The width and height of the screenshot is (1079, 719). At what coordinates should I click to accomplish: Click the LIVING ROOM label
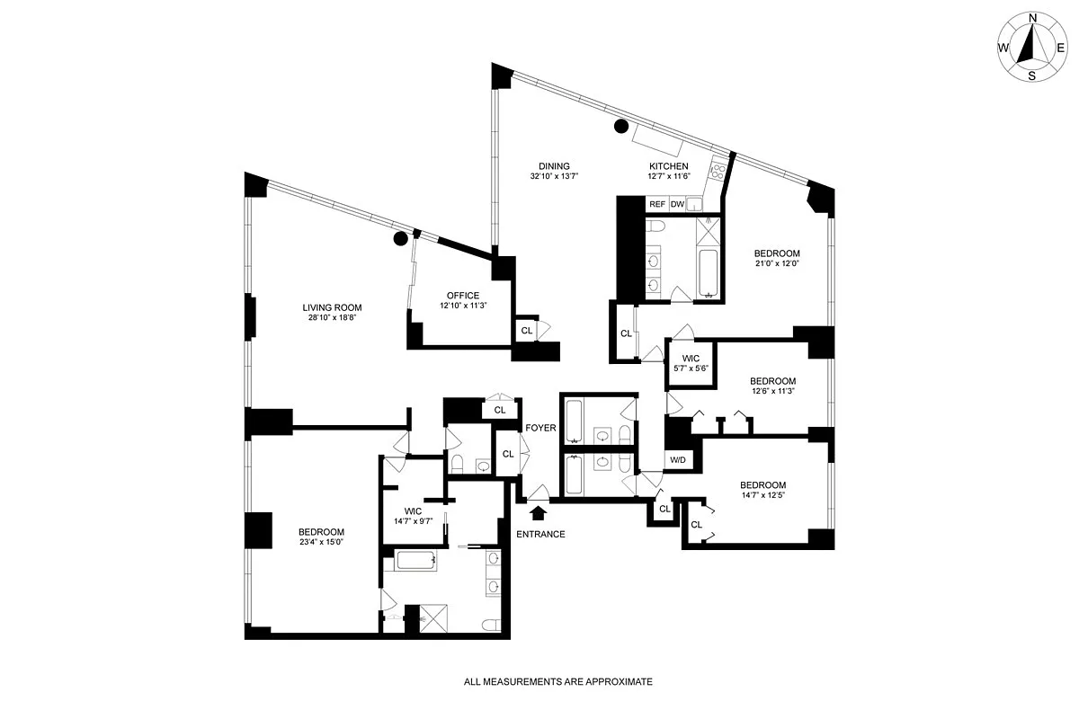pyautogui.click(x=332, y=307)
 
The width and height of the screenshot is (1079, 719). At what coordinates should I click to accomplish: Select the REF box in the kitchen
pyautogui.click(x=657, y=204)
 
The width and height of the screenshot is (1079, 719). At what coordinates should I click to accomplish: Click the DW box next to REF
pyautogui.click(x=677, y=204)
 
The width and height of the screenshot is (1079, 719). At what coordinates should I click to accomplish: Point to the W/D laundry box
pyautogui.click(x=676, y=460)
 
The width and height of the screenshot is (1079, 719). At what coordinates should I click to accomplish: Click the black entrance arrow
pyautogui.click(x=539, y=512)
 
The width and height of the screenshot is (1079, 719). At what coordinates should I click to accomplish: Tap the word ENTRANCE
pyautogui.click(x=540, y=534)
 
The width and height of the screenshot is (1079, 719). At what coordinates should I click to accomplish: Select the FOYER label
pyautogui.click(x=541, y=428)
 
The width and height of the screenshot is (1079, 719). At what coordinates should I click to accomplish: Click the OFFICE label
pyautogui.click(x=463, y=296)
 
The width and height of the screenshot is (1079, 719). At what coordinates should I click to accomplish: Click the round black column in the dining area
pyautogui.click(x=620, y=127)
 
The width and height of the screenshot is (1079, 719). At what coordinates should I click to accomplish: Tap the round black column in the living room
pyautogui.click(x=399, y=238)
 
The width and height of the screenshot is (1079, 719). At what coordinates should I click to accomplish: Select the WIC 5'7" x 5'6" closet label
pyautogui.click(x=691, y=364)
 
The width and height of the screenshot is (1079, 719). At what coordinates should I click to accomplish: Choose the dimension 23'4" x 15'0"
pyautogui.click(x=322, y=542)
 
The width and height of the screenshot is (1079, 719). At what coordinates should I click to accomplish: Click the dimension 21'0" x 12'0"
pyautogui.click(x=776, y=263)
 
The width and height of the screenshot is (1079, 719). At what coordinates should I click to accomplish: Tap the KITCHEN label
pyautogui.click(x=669, y=166)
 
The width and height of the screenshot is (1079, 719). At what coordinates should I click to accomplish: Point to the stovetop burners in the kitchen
pyautogui.click(x=718, y=168)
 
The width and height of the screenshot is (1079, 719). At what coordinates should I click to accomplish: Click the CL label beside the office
pyautogui.click(x=527, y=331)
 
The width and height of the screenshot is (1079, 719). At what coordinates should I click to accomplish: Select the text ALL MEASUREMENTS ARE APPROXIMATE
pyautogui.click(x=557, y=682)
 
